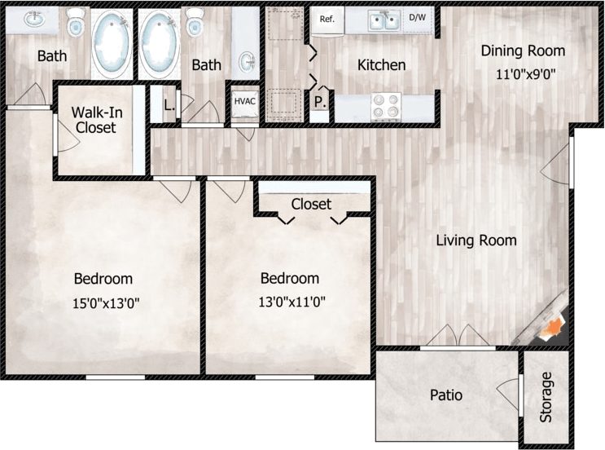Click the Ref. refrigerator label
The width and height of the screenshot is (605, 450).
pos(327,19)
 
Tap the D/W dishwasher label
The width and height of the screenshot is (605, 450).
pos(417,17)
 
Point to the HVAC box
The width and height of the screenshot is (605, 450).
pos(245,102)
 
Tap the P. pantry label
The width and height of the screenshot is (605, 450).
pos(320,103)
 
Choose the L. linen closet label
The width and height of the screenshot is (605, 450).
pos(169,104)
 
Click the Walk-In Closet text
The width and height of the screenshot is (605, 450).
pos(94,120)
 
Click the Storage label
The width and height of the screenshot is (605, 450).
pos(546,397)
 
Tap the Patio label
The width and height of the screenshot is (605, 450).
pos(445,395)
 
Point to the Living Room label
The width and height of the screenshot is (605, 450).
pos(476,240)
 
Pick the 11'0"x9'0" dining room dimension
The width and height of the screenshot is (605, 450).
pos(529,73)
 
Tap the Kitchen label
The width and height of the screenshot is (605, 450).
pos(382,64)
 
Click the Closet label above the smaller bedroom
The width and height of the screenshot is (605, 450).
pos(311,204)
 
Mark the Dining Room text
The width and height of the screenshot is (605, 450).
pos(523,51)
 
